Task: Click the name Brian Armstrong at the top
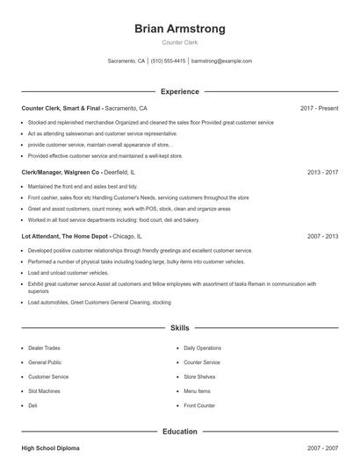pyautogui.click(x=179, y=28)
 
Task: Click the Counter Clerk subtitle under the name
pyautogui.click(x=179, y=42)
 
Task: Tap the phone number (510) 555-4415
pyautogui.click(x=168, y=61)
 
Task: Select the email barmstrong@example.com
pyautogui.click(x=221, y=61)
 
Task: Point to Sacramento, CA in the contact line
pyautogui.click(x=126, y=61)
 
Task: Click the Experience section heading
pyautogui.click(x=179, y=91)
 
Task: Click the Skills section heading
pyautogui.click(x=179, y=327)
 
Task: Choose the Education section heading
pyautogui.click(x=179, y=431)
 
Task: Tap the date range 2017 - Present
pyautogui.click(x=319, y=108)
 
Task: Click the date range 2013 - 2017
pyautogui.click(x=322, y=172)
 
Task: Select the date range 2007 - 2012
pyautogui.click(x=322, y=236)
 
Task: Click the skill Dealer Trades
pyautogui.click(x=44, y=347)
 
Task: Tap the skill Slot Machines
pyautogui.click(x=45, y=391)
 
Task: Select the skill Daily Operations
pyautogui.click(x=202, y=347)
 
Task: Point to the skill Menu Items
pyautogui.click(x=197, y=391)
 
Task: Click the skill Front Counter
pyautogui.click(x=199, y=405)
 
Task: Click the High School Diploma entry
pyautogui.click(x=50, y=447)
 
